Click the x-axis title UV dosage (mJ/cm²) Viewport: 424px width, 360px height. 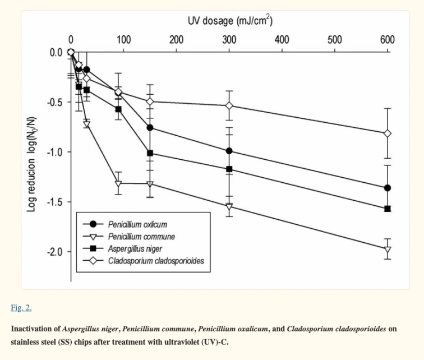click(x=231, y=21)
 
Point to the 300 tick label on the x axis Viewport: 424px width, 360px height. click(x=229, y=40)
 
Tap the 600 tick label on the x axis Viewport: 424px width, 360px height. click(x=387, y=40)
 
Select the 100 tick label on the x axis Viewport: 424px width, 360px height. click(x=123, y=40)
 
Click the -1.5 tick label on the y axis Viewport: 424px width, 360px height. click(x=54, y=202)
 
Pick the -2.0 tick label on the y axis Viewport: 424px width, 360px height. click(x=54, y=252)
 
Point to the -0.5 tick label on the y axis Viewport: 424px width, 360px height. click(x=54, y=102)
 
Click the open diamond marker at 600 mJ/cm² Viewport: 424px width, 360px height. click(x=387, y=133)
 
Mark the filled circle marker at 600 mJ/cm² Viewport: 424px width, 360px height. click(x=387, y=188)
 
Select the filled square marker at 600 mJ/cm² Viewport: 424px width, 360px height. click(x=387, y=209)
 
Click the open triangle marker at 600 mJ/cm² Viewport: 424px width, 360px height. click(x=387, y=250)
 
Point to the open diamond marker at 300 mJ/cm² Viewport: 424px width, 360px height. click(x=229, y=105)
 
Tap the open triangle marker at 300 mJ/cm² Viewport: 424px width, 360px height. click(x=229, y=207)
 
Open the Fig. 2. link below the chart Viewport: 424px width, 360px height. click(x=21, y=307)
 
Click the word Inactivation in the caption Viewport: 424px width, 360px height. click(x=35, y=329)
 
